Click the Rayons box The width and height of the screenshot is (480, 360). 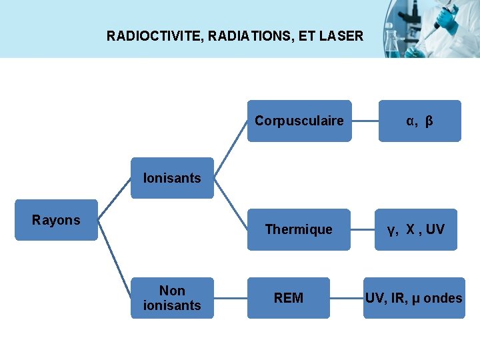(x=56, y=220)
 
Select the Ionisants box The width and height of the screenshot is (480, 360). (x=172, y=178)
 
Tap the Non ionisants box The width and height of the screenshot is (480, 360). (x=172, y=298)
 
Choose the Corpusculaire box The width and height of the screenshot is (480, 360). (x=299, y=121)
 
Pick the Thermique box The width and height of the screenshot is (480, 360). (x=299, y=229)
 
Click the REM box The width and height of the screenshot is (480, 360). (x=289, y=298)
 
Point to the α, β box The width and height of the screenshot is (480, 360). (x=420, y=121)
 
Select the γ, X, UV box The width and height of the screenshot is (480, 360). (x=416, y=229)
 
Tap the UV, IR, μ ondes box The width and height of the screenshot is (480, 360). (x=413, y=298)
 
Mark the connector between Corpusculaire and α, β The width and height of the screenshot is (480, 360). (x=365, y=121)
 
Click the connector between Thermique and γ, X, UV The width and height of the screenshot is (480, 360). (x=364, y=230)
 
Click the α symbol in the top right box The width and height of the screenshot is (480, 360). (x=411, y=121)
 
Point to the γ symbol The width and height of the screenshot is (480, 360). (x=391, y=231)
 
